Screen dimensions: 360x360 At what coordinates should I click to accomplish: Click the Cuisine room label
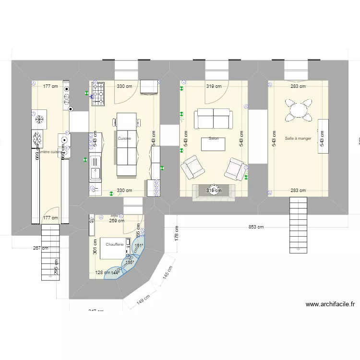pyautogui.click(x=124, y=138)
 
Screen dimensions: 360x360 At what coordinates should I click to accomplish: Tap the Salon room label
pyautogui.click(x=214, y=138)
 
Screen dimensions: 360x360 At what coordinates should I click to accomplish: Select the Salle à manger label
pyautogui.click(x=298, y=138)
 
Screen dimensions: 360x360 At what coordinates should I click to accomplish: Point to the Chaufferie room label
pyautogui.click(x=115, y=244)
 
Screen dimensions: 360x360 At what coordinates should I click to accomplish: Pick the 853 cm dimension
pyautogui.click(x=256, y=227)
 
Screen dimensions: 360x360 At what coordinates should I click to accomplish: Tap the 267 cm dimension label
pyautogui.click(x=41, y=248)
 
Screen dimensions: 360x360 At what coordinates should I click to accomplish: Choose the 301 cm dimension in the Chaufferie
pyautogui.click(x=95, y=247)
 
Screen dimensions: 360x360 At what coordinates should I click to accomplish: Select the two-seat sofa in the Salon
pyautogui.click(x=213, y=119)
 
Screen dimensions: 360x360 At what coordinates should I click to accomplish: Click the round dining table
pyautogui.click(x=298, y=110)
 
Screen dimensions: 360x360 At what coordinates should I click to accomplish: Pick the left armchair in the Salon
pyautogui.click(x=192, y=168)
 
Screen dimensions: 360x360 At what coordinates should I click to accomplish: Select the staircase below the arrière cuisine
pyautogui.click(x=50, y=253)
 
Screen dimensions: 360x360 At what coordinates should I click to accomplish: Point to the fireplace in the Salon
pyautogui.click(x=214, y=191)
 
